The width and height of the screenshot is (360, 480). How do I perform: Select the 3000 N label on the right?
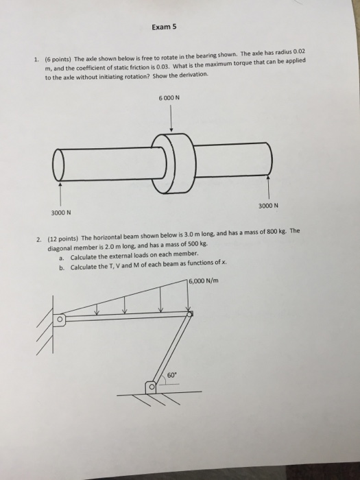click(268, 205)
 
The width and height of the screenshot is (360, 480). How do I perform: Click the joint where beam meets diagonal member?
click(190, 313)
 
